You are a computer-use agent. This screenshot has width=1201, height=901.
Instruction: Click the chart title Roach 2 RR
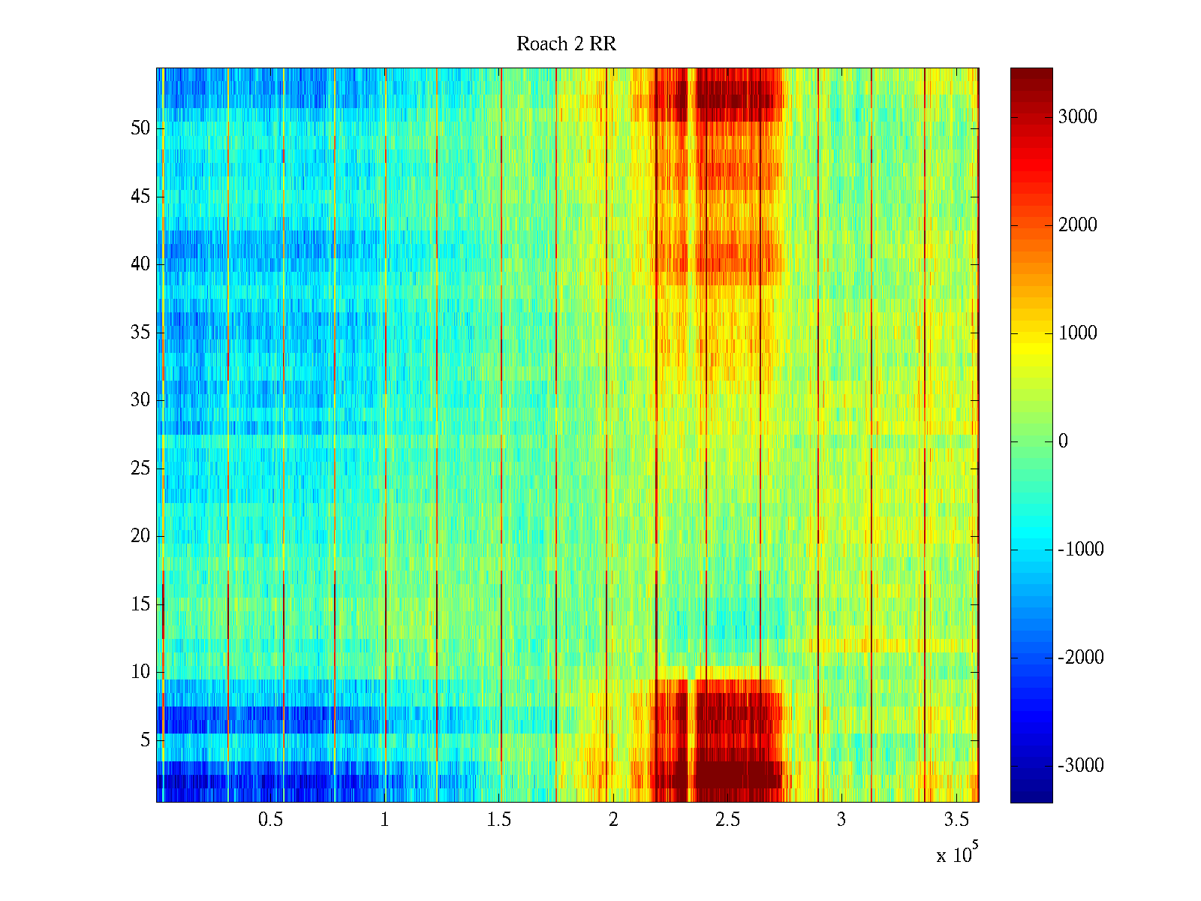pos(566,44)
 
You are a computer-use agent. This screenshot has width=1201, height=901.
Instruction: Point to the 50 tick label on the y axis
pos(140,128)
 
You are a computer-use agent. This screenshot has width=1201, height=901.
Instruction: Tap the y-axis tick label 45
pos(140,197)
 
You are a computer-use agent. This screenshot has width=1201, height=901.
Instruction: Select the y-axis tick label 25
pos(140,469)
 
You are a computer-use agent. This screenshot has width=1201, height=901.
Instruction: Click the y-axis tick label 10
pos(140,672)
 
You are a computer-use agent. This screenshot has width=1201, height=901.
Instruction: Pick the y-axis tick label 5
pos(145,740)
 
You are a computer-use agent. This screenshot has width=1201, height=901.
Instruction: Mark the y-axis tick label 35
pos(140,333)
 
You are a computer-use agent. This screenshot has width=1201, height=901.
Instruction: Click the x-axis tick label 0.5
pos(270,820)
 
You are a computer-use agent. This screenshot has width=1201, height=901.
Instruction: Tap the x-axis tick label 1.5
pos(499,820)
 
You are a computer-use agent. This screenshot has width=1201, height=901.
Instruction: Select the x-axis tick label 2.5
pos(727,820)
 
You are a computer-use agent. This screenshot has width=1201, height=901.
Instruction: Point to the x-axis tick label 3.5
pos(956,820)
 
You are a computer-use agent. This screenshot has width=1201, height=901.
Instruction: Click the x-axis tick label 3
pos(841,820)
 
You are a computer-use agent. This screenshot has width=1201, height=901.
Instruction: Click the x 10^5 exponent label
pos(957,854)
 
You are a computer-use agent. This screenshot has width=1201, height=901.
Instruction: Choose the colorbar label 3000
pos(1078,117)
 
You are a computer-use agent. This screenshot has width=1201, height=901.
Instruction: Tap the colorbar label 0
pos(1063,441)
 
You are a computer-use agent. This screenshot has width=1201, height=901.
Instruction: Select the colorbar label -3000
pos(1081,766)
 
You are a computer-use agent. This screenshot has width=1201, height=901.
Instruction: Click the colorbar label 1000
pos(1078,333)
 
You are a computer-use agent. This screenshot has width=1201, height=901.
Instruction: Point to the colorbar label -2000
pos(1081,658)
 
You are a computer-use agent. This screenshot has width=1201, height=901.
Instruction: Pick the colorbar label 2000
pos(1078,225)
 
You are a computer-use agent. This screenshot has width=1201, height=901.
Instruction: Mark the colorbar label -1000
pos(1081,550)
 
